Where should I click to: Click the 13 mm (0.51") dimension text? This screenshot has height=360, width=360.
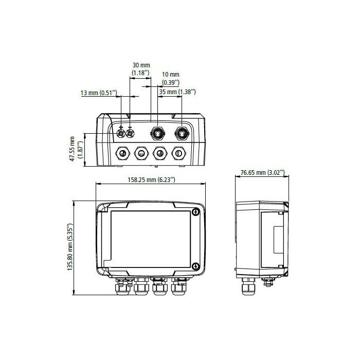coord(99,93)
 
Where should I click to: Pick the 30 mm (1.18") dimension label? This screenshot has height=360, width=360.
coord(141,69)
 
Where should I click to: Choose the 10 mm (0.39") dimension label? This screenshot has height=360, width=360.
coord(171,78)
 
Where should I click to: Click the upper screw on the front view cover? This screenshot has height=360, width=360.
coord(195,212)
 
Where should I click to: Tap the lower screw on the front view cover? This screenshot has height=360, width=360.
coord(195,265)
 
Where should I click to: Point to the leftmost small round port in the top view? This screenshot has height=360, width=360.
coord(121,134)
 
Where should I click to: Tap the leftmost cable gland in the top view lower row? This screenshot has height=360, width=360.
coord(123,153)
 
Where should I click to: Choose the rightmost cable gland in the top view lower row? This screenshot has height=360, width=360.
coord(178,153)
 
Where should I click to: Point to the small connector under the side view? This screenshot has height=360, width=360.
coord(268,282)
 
